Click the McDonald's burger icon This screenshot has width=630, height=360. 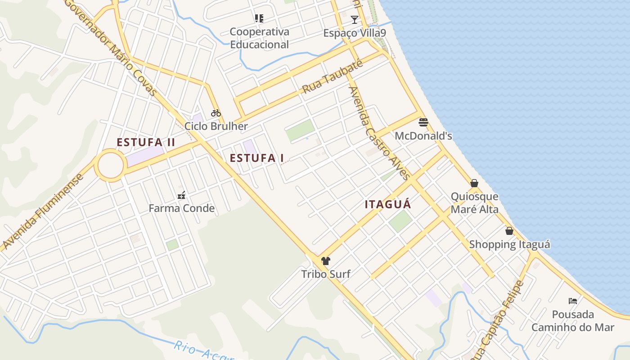(423, 122)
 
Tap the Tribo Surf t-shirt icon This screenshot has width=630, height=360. (326, 261)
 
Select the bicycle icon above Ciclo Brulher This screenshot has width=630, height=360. (216, 113)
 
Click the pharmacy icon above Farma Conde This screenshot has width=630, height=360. (181, 195)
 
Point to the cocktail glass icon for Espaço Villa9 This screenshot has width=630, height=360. (355, 20)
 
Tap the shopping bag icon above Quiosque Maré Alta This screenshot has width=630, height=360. (474, 183)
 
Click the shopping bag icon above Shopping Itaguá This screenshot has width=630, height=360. (509, 231)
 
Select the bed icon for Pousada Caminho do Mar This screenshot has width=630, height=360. (573, 301)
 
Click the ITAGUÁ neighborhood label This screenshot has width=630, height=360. (388, 204)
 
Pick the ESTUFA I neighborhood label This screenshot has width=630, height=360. (257, 158)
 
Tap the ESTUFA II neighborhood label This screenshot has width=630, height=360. (146, 142)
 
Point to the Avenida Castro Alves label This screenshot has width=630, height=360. (379, 133)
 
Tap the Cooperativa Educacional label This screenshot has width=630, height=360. (259, 38)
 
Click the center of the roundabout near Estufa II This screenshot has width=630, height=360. (111, 166)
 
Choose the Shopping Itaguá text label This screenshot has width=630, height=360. (509, 244)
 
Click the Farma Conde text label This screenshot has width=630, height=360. (181, 208)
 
